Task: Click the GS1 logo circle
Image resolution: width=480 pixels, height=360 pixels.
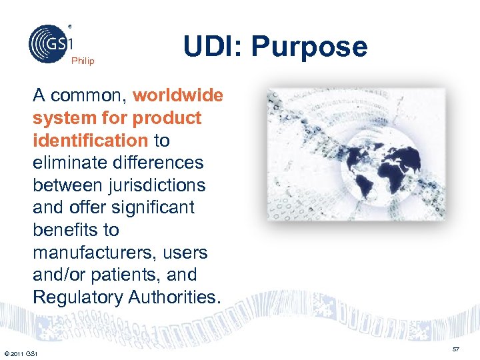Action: pyautogui.click(x=49, y=44)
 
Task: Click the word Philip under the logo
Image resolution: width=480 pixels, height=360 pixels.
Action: pyautogui.click(x=83, y=61)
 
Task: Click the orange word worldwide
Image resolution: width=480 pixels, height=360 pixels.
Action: pyautogui.click(x=178, y=95)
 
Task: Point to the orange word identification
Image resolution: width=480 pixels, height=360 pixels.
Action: pyautogui.click(x=90, y=141)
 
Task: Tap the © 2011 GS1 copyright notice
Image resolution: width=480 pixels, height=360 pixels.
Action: pyautogui.click(x=21, y=353)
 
